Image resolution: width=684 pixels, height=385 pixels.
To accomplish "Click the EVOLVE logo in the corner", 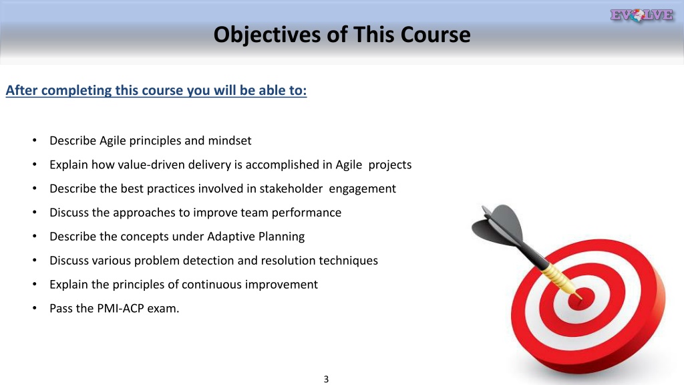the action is [x=642, y=15].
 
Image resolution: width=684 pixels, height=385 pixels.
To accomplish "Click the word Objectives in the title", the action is [x=267, y=35].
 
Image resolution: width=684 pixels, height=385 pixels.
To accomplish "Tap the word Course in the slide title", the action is [x=436, y=34].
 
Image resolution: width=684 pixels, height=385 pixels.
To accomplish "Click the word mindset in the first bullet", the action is [x=230, y=140].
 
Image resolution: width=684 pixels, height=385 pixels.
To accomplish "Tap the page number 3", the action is [x=326, y=379].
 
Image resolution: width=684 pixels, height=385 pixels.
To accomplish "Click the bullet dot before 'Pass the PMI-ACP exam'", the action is [x=35, y=308].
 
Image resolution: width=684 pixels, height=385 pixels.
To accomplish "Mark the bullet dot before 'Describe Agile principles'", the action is [x=35, y=140].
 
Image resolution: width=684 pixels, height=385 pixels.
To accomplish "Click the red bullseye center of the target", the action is [x=582, y=299].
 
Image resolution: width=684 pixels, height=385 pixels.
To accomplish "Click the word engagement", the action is [x=363, y=189].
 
